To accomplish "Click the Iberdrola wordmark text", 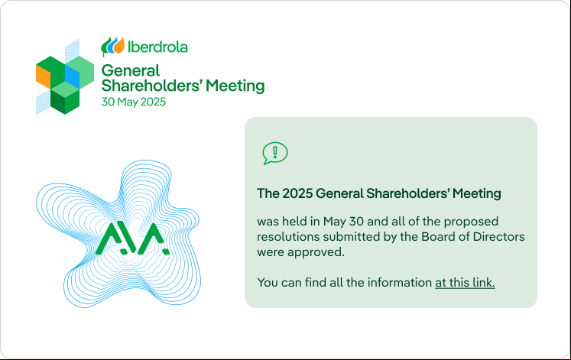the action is [157, 47].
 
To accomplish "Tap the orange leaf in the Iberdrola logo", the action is [119, 45].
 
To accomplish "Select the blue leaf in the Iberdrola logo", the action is [112, 46].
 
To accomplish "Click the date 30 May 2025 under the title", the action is [134, 102].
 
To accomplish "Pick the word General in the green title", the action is [131, 70].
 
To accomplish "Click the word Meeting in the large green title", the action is [235, 86].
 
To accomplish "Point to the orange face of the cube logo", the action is [43, 76].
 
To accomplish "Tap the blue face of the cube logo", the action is [72, 76].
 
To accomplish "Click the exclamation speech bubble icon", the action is [275, 153].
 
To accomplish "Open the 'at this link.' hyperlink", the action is [465, 283].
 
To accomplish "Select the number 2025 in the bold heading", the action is [297, 193].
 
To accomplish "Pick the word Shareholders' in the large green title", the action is [151, 86].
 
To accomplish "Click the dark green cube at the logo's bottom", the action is [65, 102].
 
